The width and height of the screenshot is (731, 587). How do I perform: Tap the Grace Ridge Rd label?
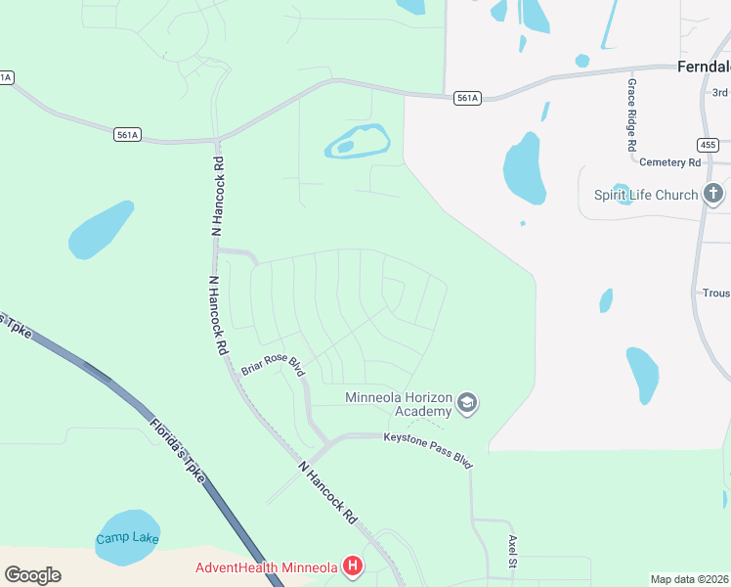point(632,114)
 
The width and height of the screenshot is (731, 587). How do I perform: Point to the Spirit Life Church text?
point(646,195)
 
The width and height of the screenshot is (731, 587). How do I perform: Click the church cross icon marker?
point(714,194)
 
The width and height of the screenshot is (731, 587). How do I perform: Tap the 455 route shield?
point(708,145)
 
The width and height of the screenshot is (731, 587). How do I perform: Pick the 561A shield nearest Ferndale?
point(467,98)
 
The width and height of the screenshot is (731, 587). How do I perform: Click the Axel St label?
point(511,552)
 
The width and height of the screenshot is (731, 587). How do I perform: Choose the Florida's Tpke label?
point(177,451)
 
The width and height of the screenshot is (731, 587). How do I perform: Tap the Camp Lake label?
point(127,539)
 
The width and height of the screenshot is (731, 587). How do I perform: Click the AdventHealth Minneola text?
point(265,567)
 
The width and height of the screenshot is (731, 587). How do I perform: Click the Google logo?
point(32,575)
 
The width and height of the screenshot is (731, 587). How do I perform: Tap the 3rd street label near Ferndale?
point(720,92)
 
